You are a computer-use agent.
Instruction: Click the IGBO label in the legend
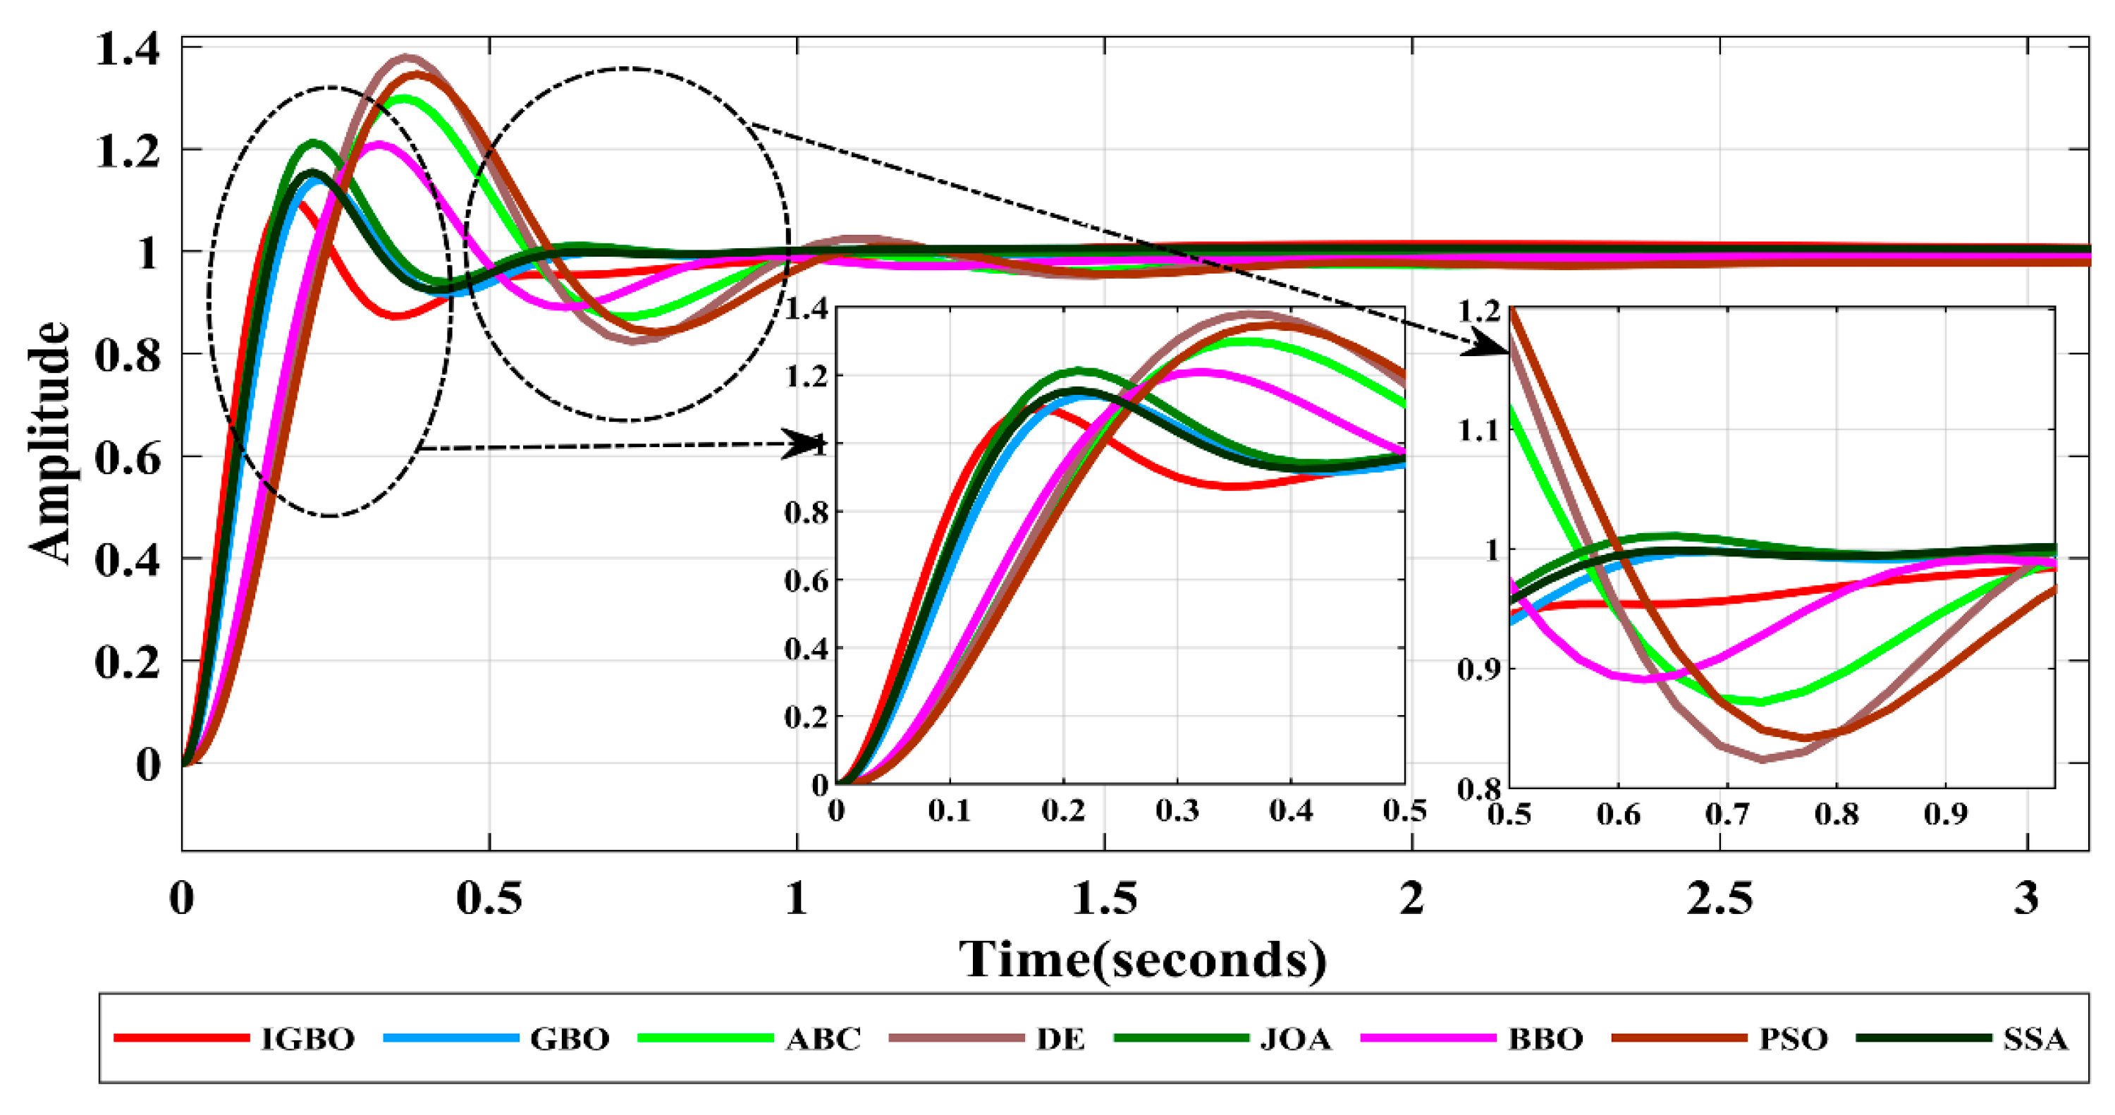[308, 1040]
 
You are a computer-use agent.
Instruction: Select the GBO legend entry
[570, 1040]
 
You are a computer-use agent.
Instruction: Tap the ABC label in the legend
[823, 1040]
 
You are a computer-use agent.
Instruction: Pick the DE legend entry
[1060, 1040]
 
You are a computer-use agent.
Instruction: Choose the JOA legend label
[1296, 1040]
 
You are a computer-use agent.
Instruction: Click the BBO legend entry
[1545, 1040]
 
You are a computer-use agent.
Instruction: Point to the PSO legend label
[1793, 1040]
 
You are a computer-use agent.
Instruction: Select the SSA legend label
[2035, 1040]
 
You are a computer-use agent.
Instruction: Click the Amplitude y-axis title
[49, 444]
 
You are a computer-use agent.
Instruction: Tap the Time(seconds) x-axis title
[1143, 959]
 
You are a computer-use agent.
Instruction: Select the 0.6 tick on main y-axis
[128, 457]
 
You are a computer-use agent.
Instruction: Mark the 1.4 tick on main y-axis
[128, 49]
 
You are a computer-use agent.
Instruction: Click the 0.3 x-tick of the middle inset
[1177, 811]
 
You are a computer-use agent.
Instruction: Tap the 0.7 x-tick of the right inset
[1727, 815]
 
